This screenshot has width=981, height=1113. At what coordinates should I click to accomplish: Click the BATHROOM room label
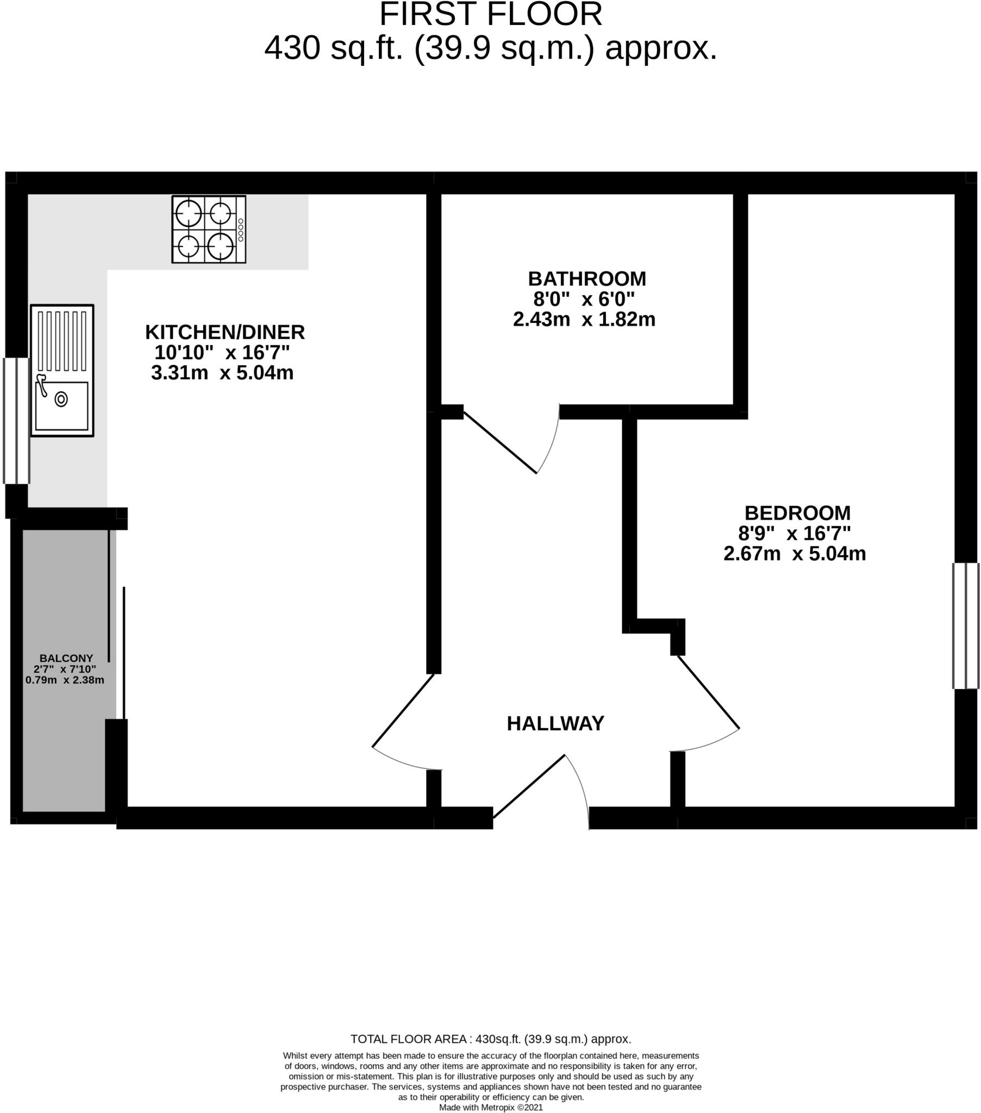point(586,279)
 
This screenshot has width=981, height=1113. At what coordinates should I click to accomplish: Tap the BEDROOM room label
point(797,513)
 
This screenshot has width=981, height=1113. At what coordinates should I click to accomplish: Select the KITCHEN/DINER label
point(225,332)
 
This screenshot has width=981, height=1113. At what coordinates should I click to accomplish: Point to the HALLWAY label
point(555,724)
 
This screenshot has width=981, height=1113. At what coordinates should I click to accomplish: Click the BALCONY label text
point(66,658)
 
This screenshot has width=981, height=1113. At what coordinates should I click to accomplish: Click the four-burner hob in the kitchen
point(209,229)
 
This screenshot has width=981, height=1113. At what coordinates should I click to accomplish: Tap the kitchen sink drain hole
point(61,399)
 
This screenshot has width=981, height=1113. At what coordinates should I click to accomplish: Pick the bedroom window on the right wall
point(966,626)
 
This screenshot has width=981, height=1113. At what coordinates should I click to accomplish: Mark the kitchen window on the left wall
point(16,421)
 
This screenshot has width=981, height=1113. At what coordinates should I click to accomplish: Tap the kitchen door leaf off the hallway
point(403,711)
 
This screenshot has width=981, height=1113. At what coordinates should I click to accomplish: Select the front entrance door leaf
point(529,786)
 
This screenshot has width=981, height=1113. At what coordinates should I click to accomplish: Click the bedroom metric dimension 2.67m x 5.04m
point(794,554)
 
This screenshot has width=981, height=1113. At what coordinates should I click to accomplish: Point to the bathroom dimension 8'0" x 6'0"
point(584,299)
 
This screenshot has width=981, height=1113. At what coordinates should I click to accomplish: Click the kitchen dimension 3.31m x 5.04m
point(222,373)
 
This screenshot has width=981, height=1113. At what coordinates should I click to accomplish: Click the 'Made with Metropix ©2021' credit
point(491,1107)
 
